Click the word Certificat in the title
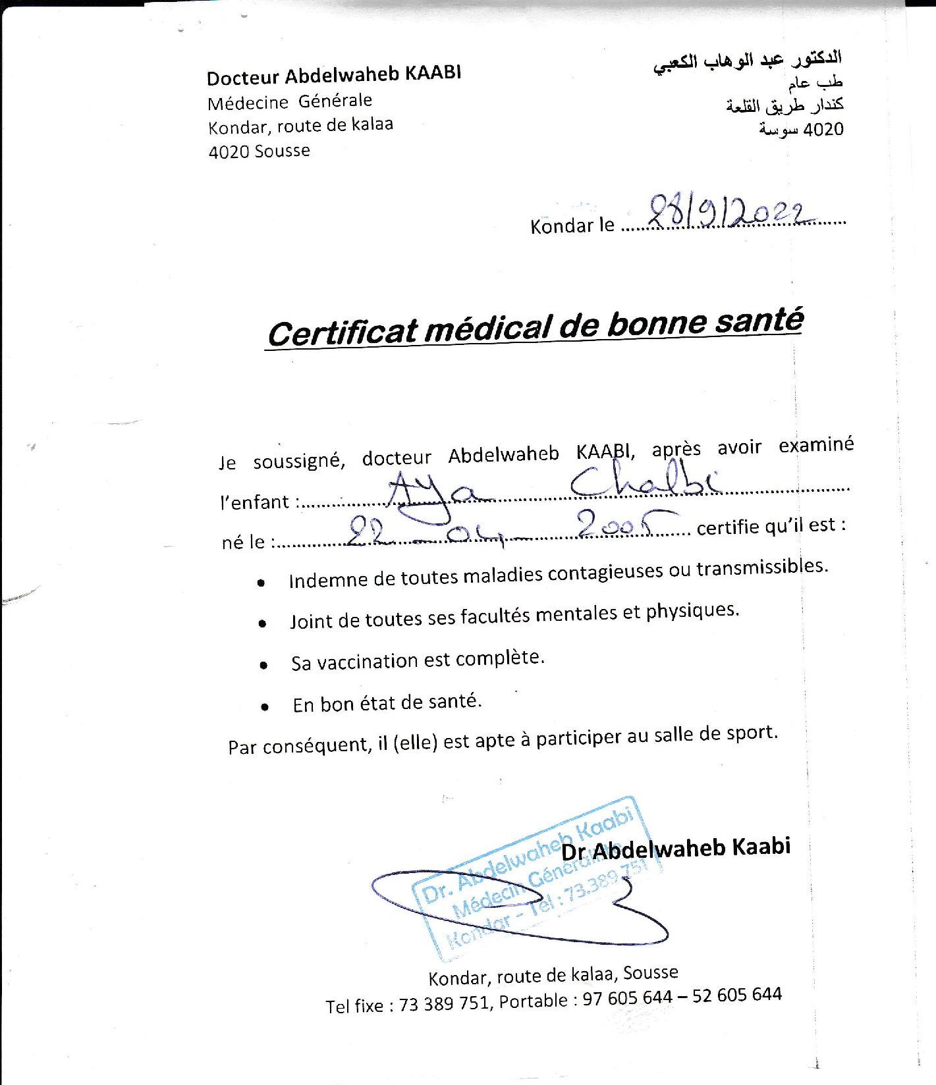point(343,332)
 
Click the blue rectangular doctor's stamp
point(534,882)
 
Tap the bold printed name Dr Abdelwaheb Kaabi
point(676,848)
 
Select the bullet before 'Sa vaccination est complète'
point(263,665)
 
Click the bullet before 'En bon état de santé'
point(265,707)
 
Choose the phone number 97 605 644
point(627,997)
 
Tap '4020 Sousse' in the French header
point(259,151)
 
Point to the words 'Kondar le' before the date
point(572,226)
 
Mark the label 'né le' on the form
point(243,542)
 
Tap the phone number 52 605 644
point(736,994)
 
